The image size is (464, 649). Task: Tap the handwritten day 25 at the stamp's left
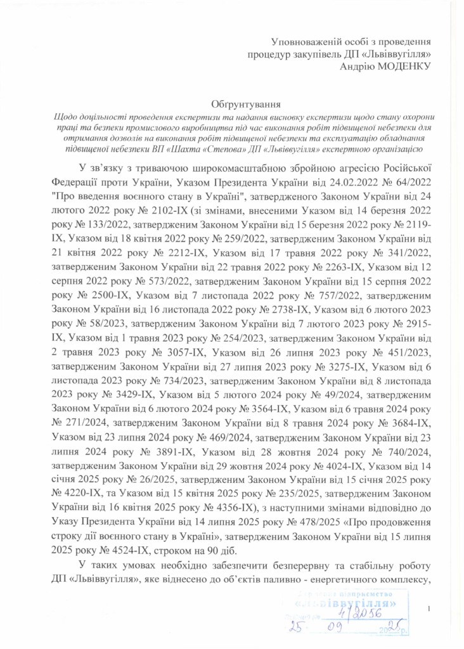click(x=295, y=629)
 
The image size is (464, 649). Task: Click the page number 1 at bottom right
click(x=429, y=609)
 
